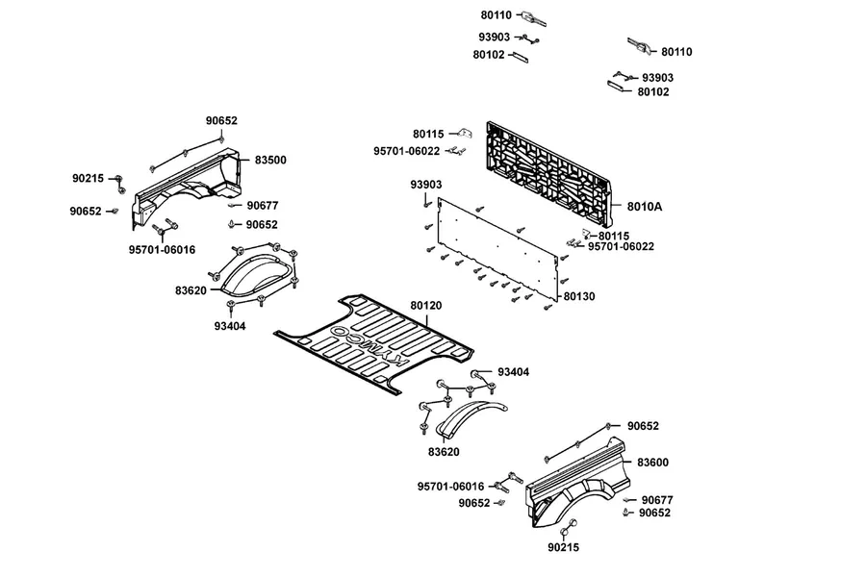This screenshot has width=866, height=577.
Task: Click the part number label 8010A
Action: pos(644,207)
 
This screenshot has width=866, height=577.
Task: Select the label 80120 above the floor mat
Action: pos(425,306)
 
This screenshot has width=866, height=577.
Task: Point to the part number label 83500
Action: pos(270,161)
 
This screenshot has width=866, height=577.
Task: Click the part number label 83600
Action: pos(652,463)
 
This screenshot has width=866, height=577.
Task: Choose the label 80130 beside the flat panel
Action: pos(579,296)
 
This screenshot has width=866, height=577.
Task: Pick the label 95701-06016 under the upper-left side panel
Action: pos(162,250)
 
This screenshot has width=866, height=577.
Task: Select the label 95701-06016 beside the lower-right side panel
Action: pos(450,487)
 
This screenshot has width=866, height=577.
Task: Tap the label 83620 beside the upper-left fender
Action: pos(191,290)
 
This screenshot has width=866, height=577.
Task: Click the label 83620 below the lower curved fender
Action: pos(444,452)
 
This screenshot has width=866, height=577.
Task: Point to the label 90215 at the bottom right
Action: pos(563,547)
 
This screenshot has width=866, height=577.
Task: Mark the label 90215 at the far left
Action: pos(88,178)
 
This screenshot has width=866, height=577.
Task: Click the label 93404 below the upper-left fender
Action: pos(230,326)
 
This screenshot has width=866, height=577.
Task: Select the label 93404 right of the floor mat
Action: pos(513,372)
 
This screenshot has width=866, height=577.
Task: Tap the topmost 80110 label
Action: pos(496,15)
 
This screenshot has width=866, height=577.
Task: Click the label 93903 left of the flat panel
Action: pos(426,185)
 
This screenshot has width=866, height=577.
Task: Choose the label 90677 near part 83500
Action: pos(263,206)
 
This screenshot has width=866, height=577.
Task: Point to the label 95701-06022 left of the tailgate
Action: pos(406,151)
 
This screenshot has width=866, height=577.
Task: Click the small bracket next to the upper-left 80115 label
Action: pos(466,133)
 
